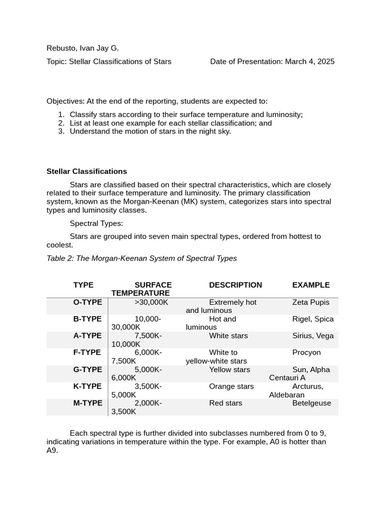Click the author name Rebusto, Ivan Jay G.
coord(82,48)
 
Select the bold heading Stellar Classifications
coord(87,171)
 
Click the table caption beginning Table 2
coord(141,259)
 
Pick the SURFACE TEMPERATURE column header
coord(142,289)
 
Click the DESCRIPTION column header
coord(235,285)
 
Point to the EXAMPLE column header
coord(311,285)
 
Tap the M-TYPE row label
coord(88,403)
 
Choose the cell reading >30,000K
coord(151,302)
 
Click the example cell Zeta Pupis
coord(311,302)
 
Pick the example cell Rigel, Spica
coord(313,319)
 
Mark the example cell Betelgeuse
coord(311,403)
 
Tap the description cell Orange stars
coord(231,387)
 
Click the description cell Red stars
coord(226,403)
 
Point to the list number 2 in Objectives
coord(61,123)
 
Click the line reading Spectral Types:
coord(96,223)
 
